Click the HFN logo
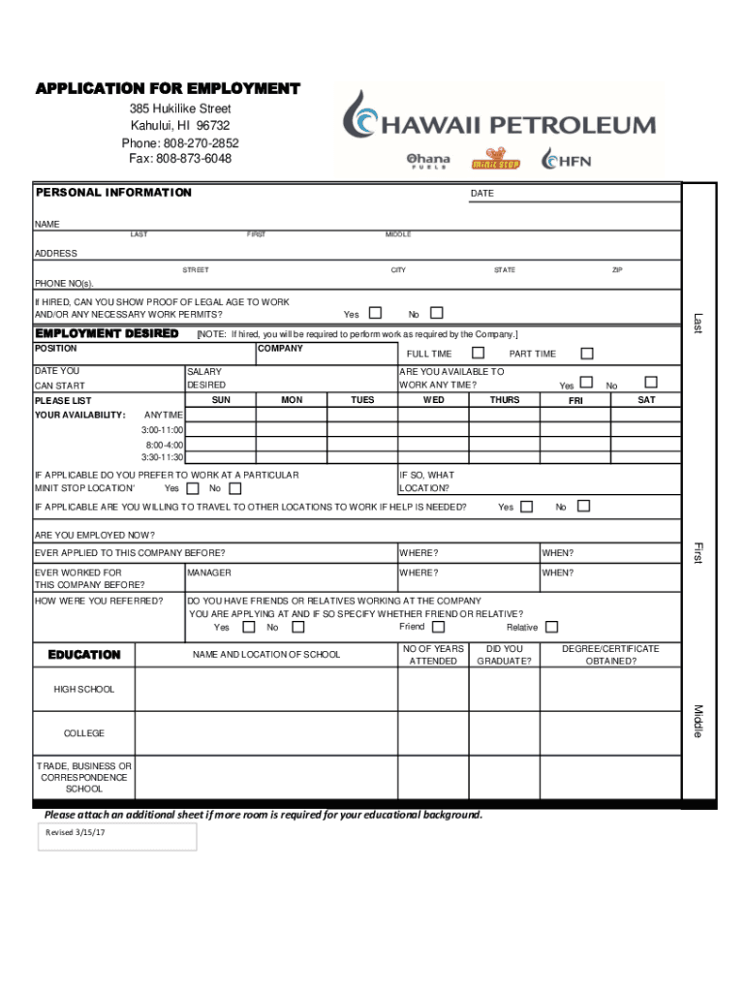567,160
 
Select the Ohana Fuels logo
427,160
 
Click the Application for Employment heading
168,89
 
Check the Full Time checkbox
478,353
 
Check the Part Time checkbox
586,353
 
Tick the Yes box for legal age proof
376,313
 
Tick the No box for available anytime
650,383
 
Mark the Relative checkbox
551,627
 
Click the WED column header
434,400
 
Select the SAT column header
646,400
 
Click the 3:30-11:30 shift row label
162,456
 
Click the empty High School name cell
265,690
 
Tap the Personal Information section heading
113,193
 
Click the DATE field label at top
482,194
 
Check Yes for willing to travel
526,507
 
